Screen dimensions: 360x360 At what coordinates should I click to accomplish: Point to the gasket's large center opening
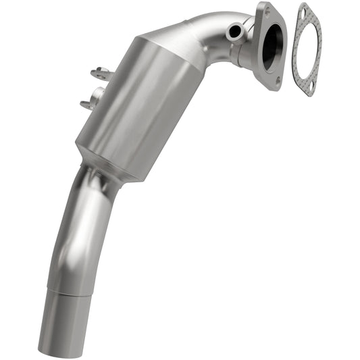307,49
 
